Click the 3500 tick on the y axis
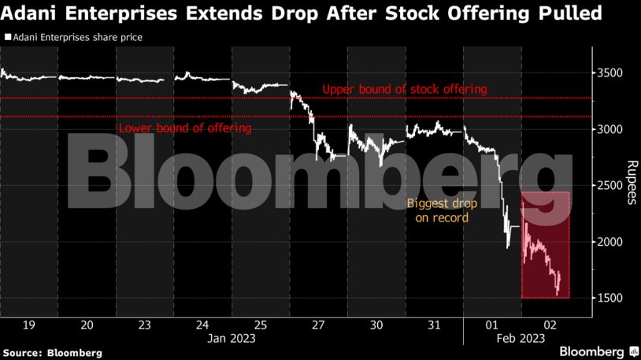coord(612,73)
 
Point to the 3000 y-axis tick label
coord(612,129)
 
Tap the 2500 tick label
coord(612,185)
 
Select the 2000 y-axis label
coord(612,242)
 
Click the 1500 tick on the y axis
coord(612,298)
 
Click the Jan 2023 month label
coord(232,338)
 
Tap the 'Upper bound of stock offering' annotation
coord(405,89)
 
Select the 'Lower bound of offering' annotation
coord(184,128)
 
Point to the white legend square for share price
coord(8,37)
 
